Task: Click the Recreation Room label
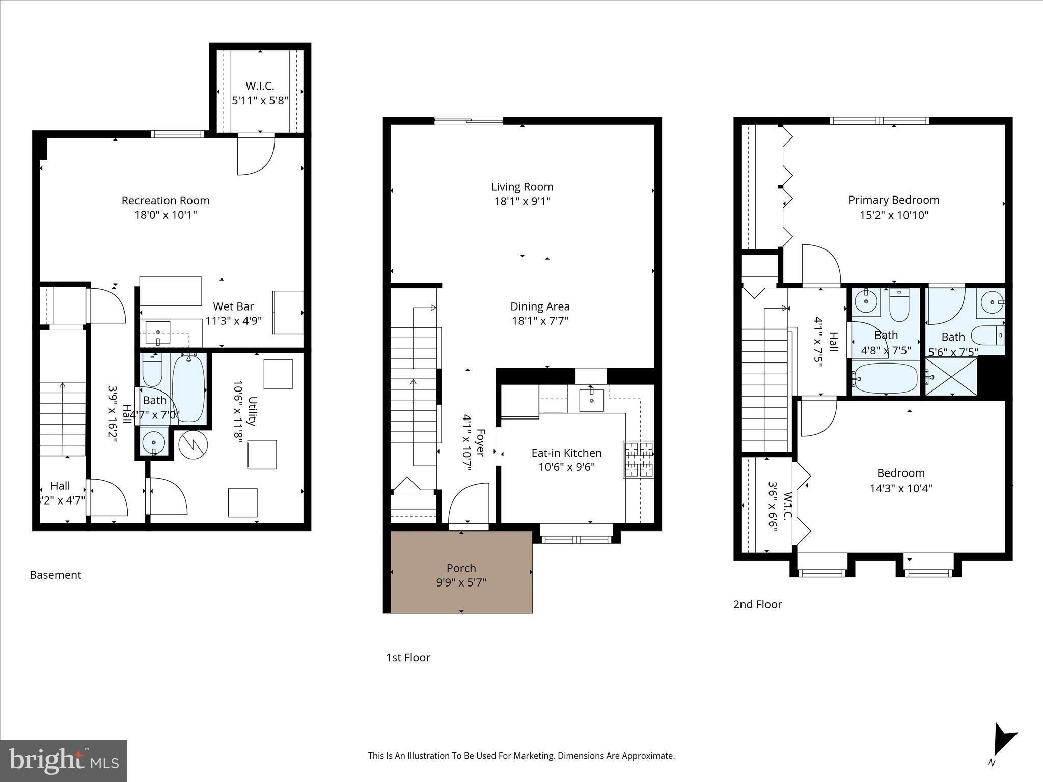click(166, 201)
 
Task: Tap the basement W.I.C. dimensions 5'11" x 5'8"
click(260, 101)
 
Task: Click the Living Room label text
click(522, 187)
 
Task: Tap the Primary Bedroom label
click(894, 200)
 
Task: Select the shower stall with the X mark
click(951, 377)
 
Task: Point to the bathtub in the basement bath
click(189, 387)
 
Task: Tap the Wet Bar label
click(233, 306)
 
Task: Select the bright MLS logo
click(64, 761)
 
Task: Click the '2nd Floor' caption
click(757, 604)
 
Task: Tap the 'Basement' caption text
click(56, 575)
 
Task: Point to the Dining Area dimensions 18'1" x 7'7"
click(540, 321)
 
